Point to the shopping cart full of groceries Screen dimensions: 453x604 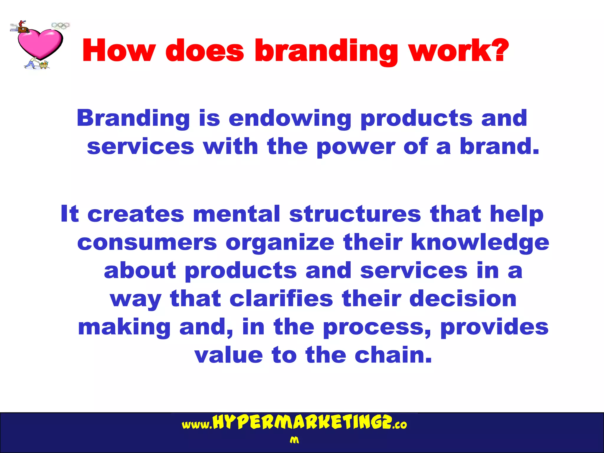[44, 65]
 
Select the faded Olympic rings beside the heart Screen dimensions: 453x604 [60, 26]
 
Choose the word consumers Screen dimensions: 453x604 [147, 242]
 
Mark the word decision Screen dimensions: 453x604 [463, 298]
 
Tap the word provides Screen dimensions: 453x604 [494, 327]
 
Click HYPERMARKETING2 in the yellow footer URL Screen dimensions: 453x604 [302, 423]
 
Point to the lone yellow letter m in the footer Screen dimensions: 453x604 [294, 440]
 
